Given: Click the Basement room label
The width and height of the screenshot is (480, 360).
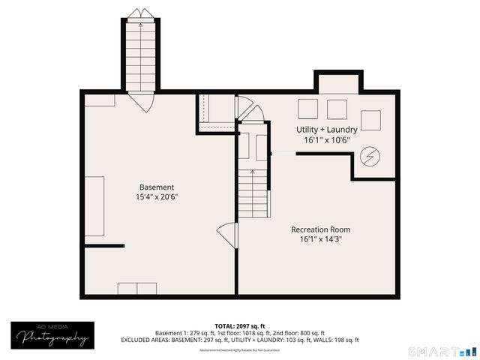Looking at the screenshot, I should click(x=157, y=187).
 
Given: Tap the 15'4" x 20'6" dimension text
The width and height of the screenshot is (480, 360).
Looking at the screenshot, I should click(x=157, y=197).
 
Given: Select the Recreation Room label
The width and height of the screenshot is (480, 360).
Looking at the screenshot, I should click(x=320, y=229).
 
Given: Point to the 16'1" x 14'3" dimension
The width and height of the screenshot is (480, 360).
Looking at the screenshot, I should click(x=320, y=240).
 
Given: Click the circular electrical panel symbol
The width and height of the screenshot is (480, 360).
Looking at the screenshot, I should click(x=369, y=157).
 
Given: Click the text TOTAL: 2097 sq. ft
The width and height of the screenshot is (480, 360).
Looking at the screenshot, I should click(x=240, y=325).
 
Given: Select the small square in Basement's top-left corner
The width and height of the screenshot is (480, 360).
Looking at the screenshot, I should click(x=99, y=100).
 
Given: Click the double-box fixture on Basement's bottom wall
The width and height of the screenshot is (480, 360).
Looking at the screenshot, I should click(x=137, y=289).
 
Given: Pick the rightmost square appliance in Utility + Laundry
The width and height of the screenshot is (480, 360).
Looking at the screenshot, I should click(x=371, y=121).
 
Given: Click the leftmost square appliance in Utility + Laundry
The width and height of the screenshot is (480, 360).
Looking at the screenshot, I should click(x=308, y=109).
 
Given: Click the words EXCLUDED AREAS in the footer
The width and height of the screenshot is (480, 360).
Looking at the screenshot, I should click(x=146, y=340).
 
